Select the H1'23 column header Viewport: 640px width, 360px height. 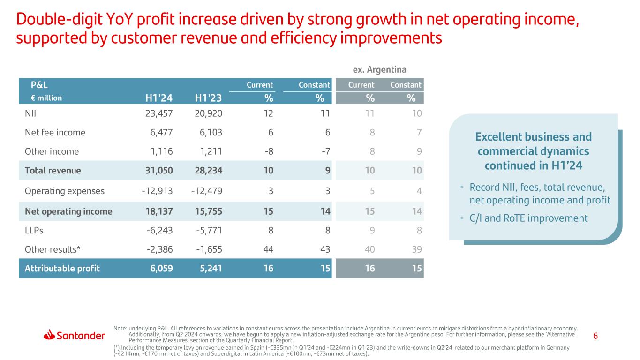point(208,98)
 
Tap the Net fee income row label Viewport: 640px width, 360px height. point(55,132)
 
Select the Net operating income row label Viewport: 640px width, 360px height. point(68,211)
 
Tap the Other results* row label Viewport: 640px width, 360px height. point(53,249)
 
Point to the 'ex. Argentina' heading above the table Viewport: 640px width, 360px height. point(379,70)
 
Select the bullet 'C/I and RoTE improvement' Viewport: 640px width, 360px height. point(528,218)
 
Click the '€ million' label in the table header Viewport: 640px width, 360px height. point(43,98)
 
